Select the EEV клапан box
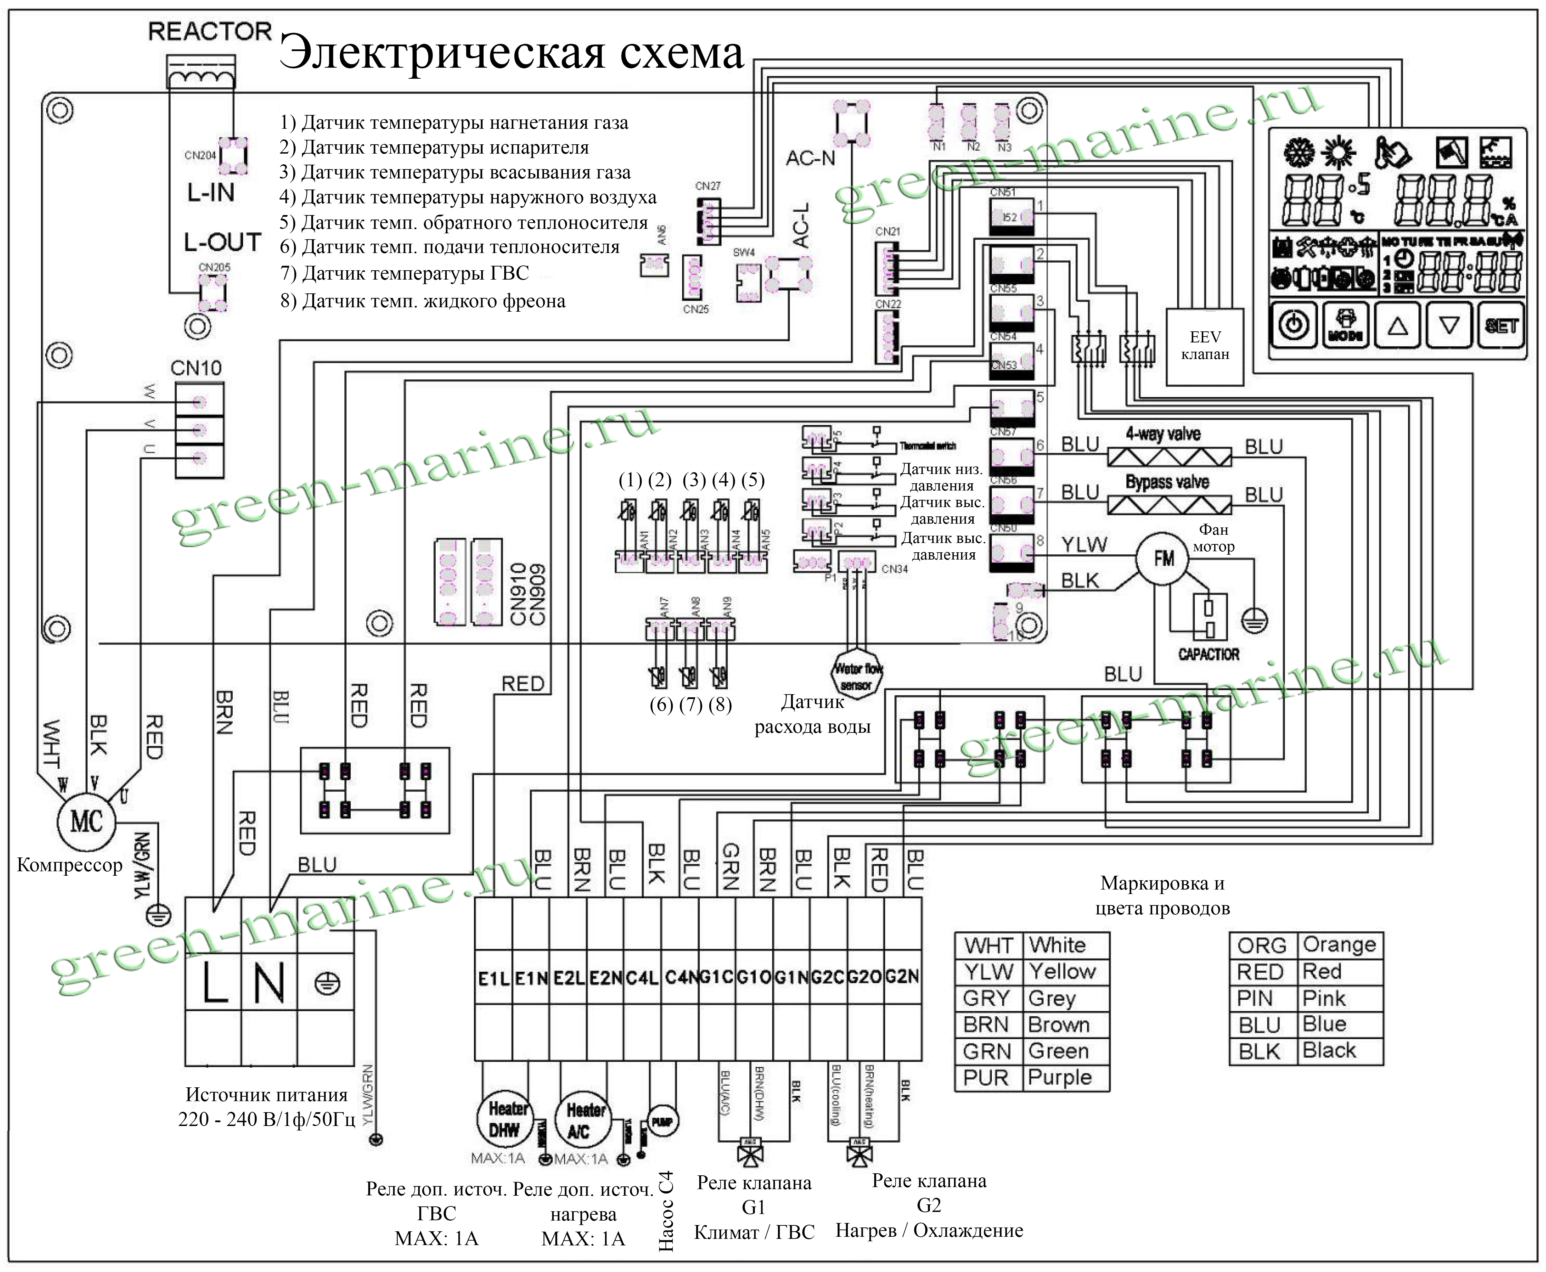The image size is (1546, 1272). [x=1205, y=346]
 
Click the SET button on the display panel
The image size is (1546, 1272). [x=1500, y=325]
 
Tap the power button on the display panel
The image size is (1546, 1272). [x=1294, y=325]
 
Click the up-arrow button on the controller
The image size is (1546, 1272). [x=1397, y=325]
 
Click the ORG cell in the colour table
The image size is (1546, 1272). [x=1262, y=945]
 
